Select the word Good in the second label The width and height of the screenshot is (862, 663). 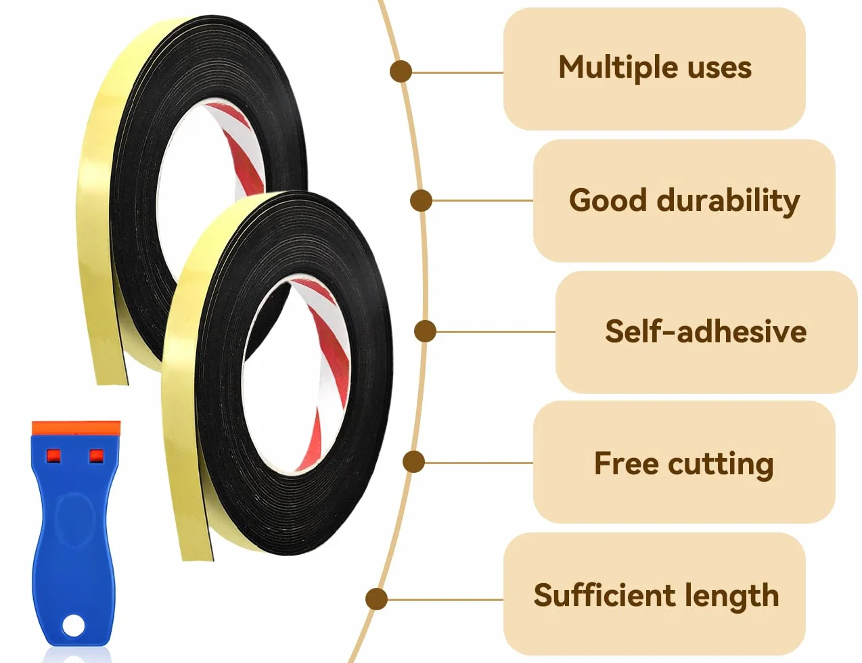608,201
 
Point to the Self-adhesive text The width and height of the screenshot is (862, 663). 706,331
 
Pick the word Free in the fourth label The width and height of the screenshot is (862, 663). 627,463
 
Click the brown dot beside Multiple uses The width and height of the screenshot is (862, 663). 401,72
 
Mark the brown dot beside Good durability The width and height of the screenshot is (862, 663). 421,200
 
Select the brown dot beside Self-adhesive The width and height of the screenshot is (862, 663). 425,331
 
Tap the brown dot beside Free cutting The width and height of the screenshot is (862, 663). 413,461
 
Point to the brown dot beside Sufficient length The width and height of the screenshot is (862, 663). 376,599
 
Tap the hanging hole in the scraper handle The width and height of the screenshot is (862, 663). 72,627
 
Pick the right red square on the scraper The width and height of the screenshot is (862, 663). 97,456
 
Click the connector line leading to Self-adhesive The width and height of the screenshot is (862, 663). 495,331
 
